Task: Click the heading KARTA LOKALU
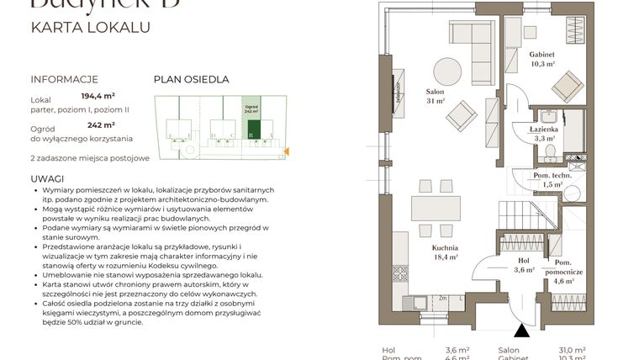[90, 27]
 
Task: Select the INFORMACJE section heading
[65, 80]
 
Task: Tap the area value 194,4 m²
[98, 98]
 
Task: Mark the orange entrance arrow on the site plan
[287, 151]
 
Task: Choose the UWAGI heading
[47, 179]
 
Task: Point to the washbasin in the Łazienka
[548, 115]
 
